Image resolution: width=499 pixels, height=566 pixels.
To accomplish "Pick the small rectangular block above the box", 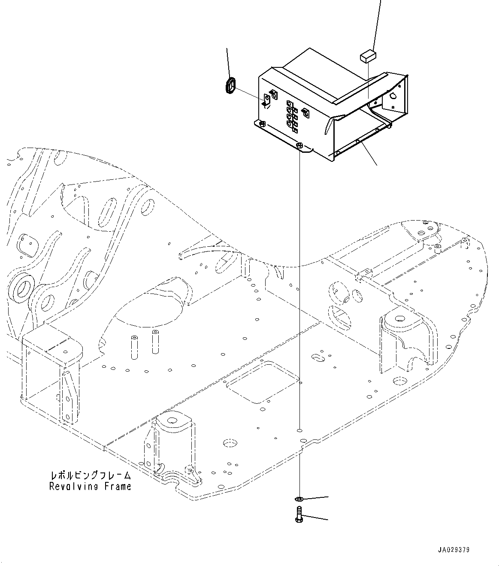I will click(x=368, y=56).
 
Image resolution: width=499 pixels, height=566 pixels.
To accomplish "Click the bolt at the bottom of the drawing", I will click(x=299, y=514).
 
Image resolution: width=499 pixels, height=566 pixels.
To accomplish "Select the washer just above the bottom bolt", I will click(x=299, y=499).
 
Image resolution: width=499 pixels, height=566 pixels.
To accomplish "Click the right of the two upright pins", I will click(x=154, y=342).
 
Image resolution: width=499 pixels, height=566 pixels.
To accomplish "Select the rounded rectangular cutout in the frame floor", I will click(x=263, y=381).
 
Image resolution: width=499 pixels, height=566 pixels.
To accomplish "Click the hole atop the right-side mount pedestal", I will click(x=399, y=319).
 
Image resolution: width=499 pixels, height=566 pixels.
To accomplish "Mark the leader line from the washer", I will click(x=315, y=498).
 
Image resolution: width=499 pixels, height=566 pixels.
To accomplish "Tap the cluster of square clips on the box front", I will click(x=290, y=115).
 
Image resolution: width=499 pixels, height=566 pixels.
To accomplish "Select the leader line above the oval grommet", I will click(x=228, y=62).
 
